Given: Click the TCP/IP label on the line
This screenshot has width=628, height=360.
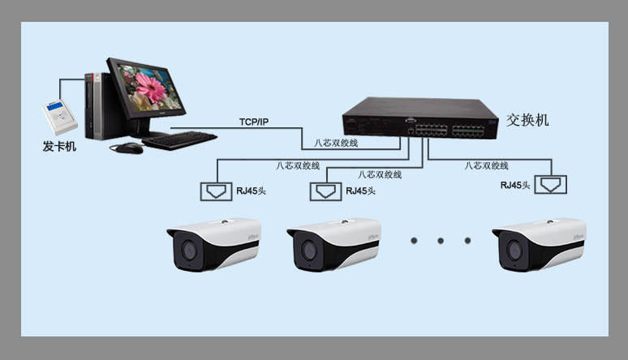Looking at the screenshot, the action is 254,122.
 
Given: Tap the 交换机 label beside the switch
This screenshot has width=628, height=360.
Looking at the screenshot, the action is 527,120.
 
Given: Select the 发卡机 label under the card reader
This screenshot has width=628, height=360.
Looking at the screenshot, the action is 59,146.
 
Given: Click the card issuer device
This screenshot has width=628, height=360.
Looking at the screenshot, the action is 60,118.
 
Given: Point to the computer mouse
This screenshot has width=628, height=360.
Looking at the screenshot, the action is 127,148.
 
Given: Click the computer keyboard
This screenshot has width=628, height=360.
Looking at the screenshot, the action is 179,140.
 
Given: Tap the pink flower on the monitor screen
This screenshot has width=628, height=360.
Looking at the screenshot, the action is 151,88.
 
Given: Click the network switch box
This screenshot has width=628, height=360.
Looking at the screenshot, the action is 420,118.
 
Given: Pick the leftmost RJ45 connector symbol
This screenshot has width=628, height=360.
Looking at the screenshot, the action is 217,191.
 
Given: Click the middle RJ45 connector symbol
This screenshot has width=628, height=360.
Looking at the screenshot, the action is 325,191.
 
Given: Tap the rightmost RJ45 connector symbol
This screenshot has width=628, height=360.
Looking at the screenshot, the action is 551,185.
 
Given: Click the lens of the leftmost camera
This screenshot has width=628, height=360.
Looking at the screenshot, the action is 188,251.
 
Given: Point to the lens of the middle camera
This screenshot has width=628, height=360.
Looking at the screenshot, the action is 309,251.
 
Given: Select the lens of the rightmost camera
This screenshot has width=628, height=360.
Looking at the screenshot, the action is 514,251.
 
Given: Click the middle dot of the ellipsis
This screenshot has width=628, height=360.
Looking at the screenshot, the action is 441,241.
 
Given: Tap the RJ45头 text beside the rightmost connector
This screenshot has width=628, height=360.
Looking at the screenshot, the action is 515,185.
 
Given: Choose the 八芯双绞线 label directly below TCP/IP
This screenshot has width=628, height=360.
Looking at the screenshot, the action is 336,143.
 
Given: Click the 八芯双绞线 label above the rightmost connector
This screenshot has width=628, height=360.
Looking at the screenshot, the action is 486,165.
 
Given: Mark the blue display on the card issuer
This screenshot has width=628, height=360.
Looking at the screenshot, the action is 55,106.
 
